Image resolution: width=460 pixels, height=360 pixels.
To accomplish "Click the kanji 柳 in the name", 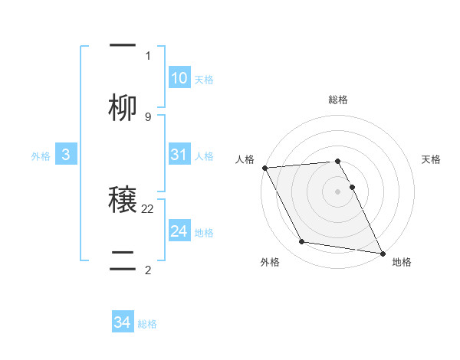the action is pyautogui.click(x=123, y=106).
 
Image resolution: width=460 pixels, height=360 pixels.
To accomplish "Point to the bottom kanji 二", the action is pyautogui.click(x=123, y=257).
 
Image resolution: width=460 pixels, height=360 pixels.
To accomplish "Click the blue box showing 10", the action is pyautogui.click(x=179, y=78).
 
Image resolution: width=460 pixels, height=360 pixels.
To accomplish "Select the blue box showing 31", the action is pyautogui.click(x=179, y=154).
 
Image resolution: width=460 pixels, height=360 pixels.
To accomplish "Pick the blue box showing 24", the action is pyautogui.click(x=179, y=231).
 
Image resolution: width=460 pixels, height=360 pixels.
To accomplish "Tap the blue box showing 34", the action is pyautogui.click(x=123, y=322).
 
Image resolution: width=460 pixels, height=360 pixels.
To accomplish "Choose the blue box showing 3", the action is pyautogui.click(x=66, y=155).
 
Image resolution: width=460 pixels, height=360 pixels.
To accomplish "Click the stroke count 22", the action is pyautogui.click(x=148, y=208).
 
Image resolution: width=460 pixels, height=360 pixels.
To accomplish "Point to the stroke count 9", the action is pyautogui.click(x=148, y=116).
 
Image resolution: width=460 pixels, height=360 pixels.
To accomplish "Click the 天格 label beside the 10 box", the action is pyautogui.click(x=204, y=80).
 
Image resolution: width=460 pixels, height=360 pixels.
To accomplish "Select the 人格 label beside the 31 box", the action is pyautogui.click(x=204, y=156).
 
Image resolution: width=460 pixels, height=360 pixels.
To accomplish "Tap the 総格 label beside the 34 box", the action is pyautogui.click(x=147, y=324).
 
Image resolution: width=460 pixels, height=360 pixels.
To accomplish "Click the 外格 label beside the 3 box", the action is pyautogui.click(x=41, y=156).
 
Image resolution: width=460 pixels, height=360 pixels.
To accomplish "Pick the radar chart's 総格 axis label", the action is pyautogui.click(x=338, y=100).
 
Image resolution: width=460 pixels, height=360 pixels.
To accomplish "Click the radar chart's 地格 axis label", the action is pyautogui.click(x=402, y=263).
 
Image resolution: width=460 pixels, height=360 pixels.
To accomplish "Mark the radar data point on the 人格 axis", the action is pyautogui.click(x=264, y=168).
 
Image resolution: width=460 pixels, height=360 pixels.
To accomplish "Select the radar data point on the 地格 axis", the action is pyautogui.click(x=382, y=253).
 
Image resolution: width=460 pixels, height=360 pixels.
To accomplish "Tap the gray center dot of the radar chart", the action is pyautogui.click(x=338, y=191).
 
